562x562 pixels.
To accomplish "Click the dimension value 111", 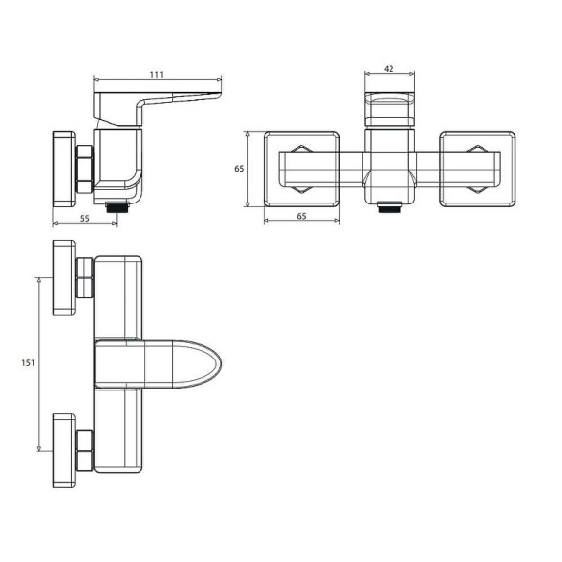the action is pos(157,75).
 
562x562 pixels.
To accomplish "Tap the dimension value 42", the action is pos(389,69).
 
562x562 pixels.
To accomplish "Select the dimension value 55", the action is pos(85,219).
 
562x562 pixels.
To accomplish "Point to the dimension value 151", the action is pos(28,363).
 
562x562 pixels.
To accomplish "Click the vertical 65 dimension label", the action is pos(239,168).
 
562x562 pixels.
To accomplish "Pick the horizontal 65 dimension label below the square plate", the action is pos(301,216).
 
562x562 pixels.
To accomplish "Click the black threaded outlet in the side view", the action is pos(117,207).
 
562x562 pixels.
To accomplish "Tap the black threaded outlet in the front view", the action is pos(390,207).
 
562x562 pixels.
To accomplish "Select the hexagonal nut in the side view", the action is pos(84,170).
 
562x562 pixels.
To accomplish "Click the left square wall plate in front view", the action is pos(301,169).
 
